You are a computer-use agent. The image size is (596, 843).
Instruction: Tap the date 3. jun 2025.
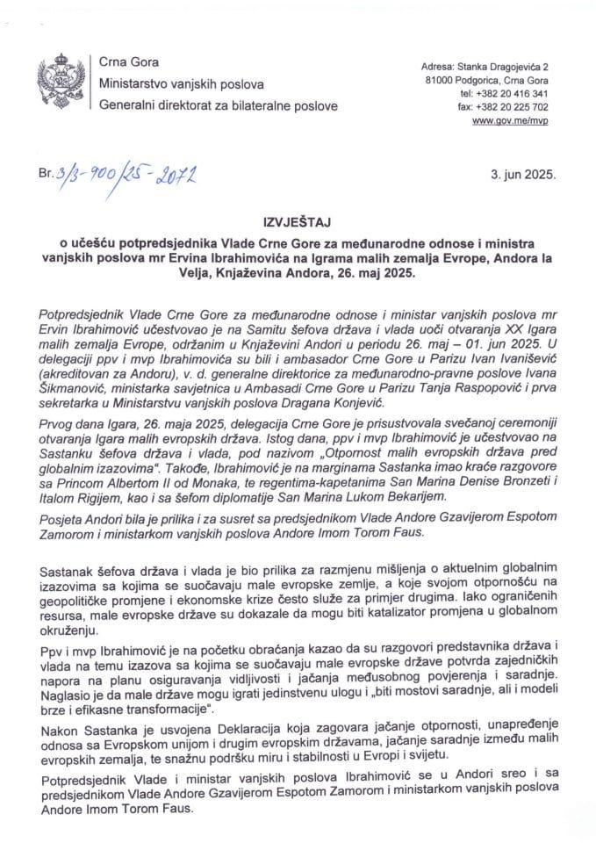click(524, 176)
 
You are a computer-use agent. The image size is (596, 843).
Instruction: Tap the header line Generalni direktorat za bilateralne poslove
click(218, 105)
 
